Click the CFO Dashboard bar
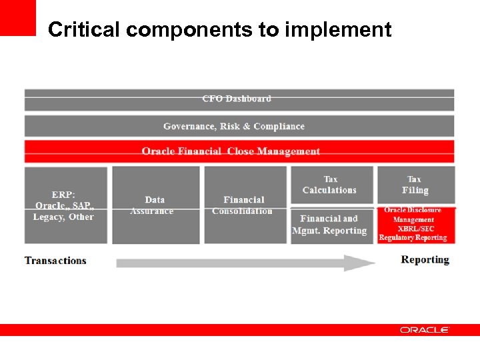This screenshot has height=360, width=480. (239, 99)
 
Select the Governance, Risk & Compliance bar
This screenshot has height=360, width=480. (239, 126)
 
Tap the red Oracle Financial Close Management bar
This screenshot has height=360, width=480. (239, 151)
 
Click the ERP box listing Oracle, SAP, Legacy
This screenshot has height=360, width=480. (65, 205)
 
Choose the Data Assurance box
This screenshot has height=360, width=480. (155, 205)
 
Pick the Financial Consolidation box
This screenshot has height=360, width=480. (244, 205)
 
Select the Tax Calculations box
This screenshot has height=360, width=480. (331, 185)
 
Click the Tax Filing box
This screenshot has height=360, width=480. (415, 185)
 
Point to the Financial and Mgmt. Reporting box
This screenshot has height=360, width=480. (331, 225)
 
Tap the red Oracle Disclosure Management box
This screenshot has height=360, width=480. (415, 224)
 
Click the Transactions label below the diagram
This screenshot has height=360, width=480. (55, 260)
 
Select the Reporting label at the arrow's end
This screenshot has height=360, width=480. (425, 259)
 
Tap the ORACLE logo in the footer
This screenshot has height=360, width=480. (425, 330)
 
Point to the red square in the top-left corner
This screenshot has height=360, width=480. (17, 17)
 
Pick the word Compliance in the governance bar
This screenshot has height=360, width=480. (279, 126)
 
